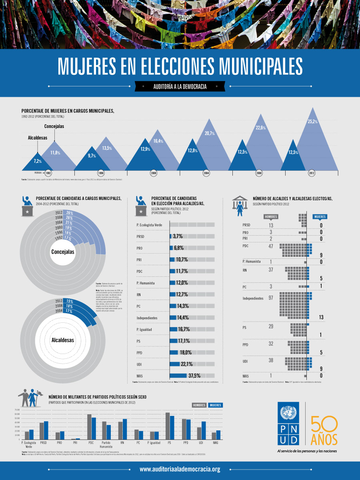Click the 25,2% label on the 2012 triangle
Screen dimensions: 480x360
(312, 121)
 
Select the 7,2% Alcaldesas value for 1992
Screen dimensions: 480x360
(38, 162)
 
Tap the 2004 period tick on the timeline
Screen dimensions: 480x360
(206, 173)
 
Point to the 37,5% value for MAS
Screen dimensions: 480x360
(194, 376)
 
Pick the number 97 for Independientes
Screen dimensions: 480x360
(271, 298)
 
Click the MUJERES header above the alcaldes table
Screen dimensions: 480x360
(320, 216)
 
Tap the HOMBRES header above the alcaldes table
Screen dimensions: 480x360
(271, 216)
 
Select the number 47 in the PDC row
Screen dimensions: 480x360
(271, 246)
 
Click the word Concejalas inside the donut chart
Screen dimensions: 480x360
(63, 252)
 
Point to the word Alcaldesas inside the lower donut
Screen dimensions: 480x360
(63, 340)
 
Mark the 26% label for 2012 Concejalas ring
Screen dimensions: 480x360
(70, 213)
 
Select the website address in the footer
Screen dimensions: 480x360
(180, 469)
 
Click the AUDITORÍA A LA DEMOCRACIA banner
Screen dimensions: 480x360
(180, 86)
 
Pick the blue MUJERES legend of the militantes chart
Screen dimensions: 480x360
(216, 405)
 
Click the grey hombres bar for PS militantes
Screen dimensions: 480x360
(168, 426)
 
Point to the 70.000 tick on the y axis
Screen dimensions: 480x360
(17, 410)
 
